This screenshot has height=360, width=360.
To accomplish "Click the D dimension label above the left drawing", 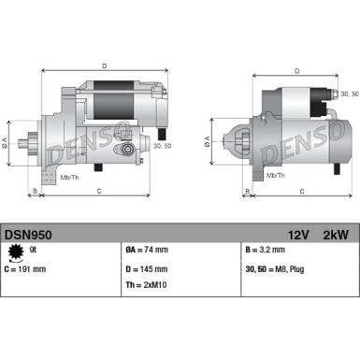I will [104, 65].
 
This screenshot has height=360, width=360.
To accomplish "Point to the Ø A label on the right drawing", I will [208, 141].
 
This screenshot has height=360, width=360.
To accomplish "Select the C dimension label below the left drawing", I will [98, 194].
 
